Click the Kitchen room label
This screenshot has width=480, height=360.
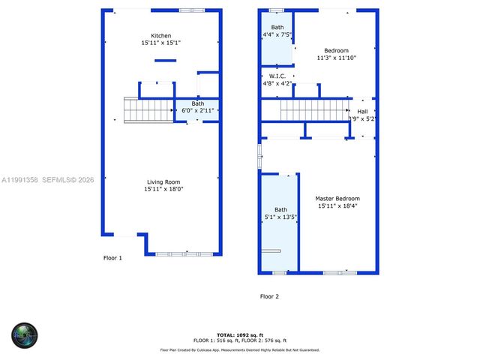(161, 36)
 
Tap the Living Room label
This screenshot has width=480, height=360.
(161, 181)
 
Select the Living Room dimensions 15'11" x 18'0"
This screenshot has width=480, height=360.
(161, 189)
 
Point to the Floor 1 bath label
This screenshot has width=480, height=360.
(198, 103)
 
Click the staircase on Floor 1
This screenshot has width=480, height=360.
(148, 110)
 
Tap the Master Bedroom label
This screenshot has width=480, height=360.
(336, 198)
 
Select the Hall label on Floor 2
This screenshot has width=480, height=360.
(362, 112)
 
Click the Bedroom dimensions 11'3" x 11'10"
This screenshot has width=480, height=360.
(336, 58)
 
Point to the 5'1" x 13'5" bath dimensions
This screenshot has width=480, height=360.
(280, 217)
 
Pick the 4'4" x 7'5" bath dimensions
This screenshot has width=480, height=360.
(277, 34)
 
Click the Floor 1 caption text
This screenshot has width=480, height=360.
(112, 257)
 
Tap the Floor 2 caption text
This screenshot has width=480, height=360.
(269, 296)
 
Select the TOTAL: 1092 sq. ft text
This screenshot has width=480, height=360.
(240, 334)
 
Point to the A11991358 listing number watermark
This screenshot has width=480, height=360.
(20, 180)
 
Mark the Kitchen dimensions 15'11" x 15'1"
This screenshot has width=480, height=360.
(161, 43)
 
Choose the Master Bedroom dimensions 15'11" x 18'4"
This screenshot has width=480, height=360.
(336, 205)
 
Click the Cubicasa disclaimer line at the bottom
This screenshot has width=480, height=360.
(240, 349)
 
